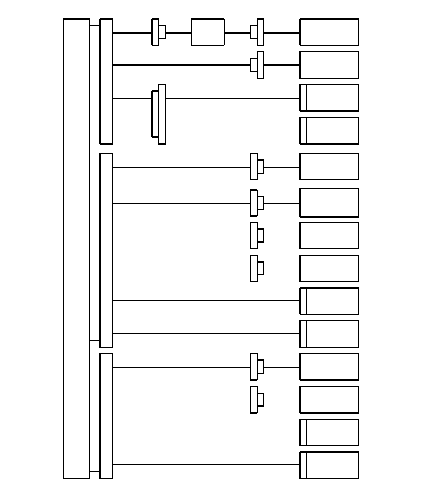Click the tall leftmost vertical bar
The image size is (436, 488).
coord(76,248)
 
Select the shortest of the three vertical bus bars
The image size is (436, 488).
coord(106,81)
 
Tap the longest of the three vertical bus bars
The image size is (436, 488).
coord(106,250)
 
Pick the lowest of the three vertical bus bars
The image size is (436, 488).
coord(106,416)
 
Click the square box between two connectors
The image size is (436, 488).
coord(207,32)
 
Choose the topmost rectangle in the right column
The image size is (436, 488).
coord(329,32)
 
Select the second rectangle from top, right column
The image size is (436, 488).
coord(329,65)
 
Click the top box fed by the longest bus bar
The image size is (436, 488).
coord(329,167)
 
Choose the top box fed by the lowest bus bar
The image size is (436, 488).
coord(329,367)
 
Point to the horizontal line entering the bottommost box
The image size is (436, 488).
coord(207,465)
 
